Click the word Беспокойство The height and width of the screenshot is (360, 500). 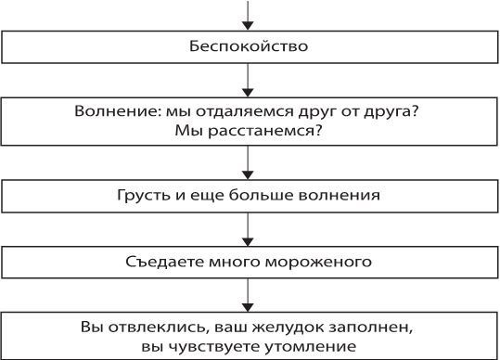[250, 45]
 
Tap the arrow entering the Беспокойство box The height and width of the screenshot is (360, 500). [249, 16]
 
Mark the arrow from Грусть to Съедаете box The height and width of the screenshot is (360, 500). [249, 229]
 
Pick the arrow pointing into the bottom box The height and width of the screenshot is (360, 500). [249, 295]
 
